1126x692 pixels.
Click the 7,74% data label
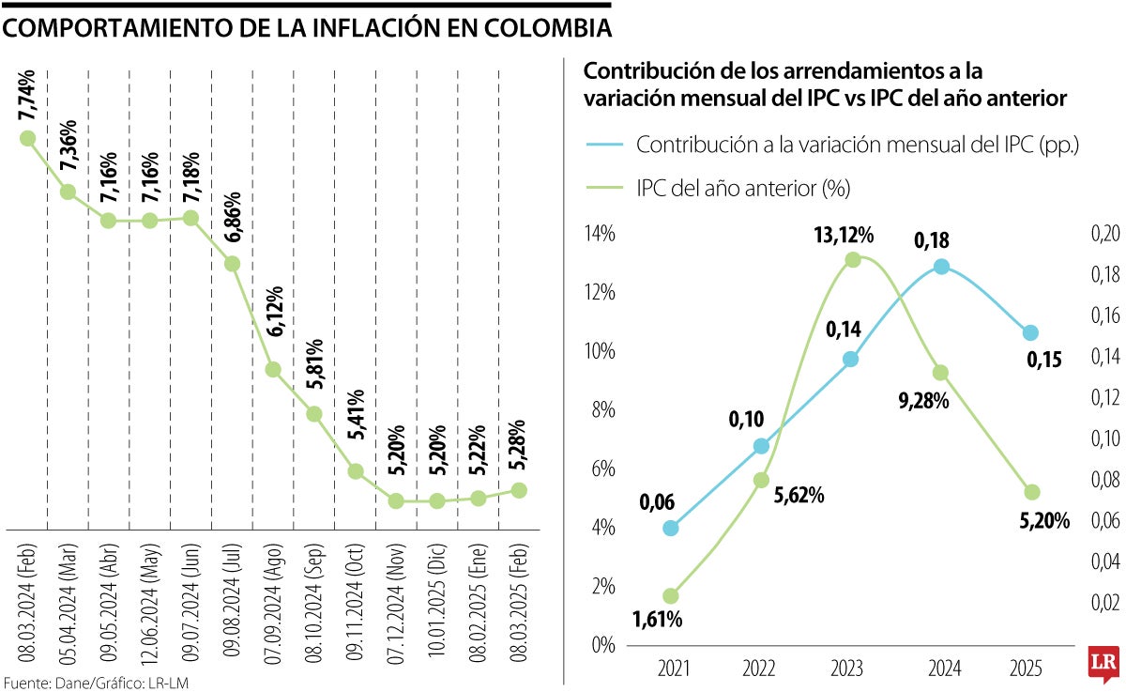[x=27, y=95]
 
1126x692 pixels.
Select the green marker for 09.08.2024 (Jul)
[x=233, y=264]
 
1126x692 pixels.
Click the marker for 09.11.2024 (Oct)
[x=356, y=471]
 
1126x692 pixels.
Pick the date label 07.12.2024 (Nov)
[x=396, y=604]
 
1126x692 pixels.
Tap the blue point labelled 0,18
[x=941, y=267]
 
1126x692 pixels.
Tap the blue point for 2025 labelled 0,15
[x=1031, y=332]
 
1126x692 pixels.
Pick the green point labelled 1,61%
[x=670, y=595]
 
